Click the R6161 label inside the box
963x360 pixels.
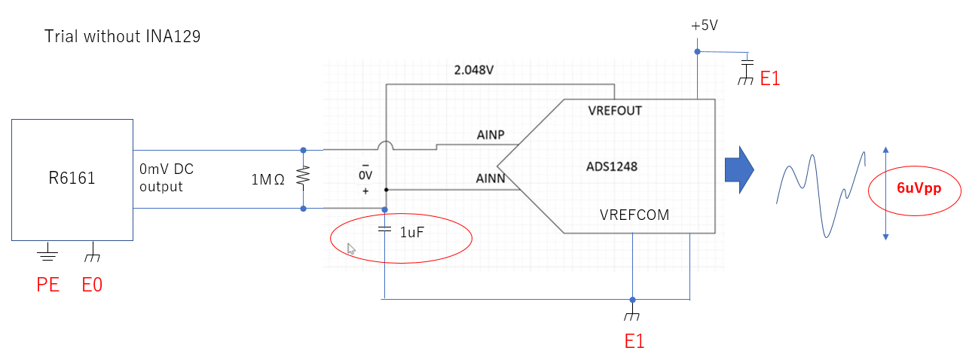pyautogui.click(x=72, y=179)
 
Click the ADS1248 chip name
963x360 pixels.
pyautogui.click(x=611, y=166)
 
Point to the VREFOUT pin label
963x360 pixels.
pyautogui.click(x=614, y=110)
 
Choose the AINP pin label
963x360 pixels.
pyautogui.click(x=491, y=136)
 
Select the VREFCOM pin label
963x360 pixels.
pyautogui.click(x=634, y=215)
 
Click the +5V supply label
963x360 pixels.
pyautogui.click(x=704, y=26)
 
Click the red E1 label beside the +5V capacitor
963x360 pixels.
pyautogui.click(x=769, y=78)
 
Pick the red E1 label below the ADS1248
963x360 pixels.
pyautogui.click(x=634, y=340)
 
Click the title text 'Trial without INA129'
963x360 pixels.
pyautogui.click(x=122, y=36)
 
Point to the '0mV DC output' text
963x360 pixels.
pyautogui.click(x=167, y=178)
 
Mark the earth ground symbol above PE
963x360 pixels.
pyautogui.click(x=48, y=253)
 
